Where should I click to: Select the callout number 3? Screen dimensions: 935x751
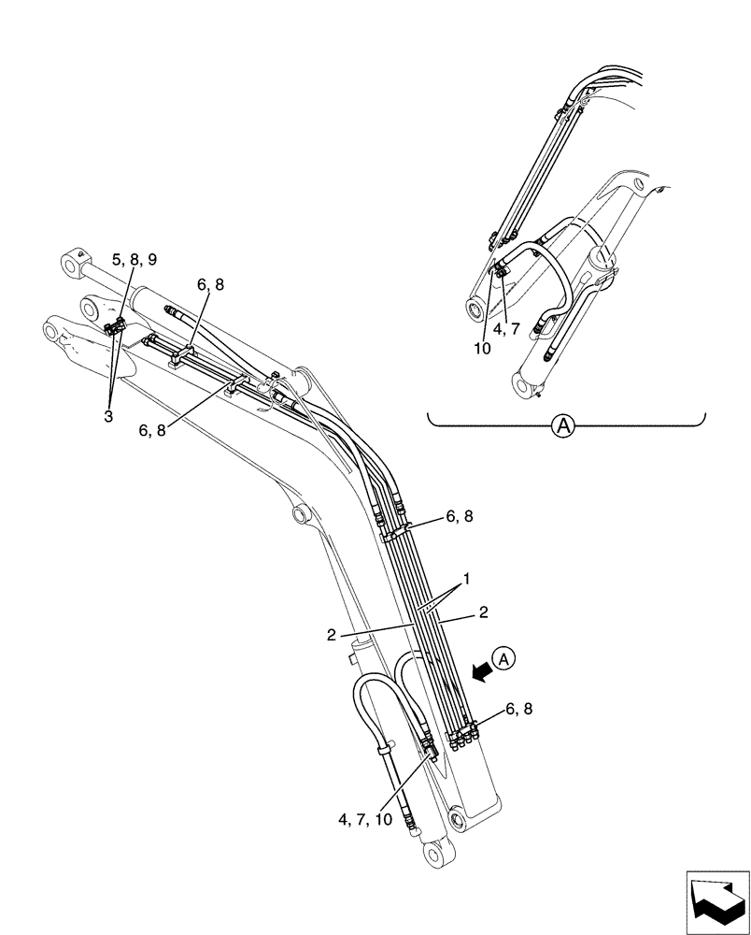pos(108,416)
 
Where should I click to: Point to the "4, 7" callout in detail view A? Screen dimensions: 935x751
pos(519,328)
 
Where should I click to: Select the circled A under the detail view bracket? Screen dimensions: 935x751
pos(562,426)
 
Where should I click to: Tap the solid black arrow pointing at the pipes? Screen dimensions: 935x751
pos(481,669)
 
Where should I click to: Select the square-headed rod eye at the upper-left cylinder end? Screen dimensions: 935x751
pos(75,262)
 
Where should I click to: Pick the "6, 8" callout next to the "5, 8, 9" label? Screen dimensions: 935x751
pos(210,285)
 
